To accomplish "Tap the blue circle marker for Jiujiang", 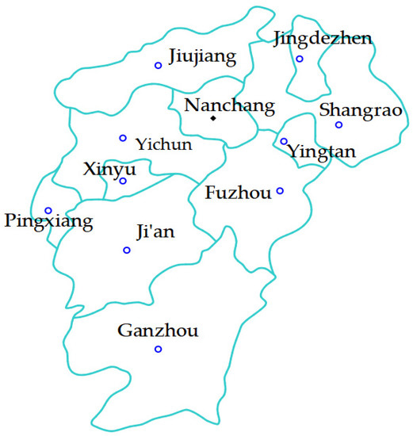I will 158,65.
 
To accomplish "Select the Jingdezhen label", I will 322,38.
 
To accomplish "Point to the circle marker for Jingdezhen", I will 300,59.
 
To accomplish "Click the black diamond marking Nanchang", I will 213,119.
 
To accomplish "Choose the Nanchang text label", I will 229,105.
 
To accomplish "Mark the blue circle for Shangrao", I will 338,124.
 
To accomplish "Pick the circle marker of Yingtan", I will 284,142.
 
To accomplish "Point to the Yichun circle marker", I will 123,138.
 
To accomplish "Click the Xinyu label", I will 109,169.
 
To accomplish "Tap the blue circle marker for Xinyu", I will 123,181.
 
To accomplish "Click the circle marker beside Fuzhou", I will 280,191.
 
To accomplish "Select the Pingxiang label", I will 48,220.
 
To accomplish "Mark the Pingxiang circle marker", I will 48,211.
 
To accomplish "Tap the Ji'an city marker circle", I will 127,251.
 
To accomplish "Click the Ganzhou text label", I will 157,331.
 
